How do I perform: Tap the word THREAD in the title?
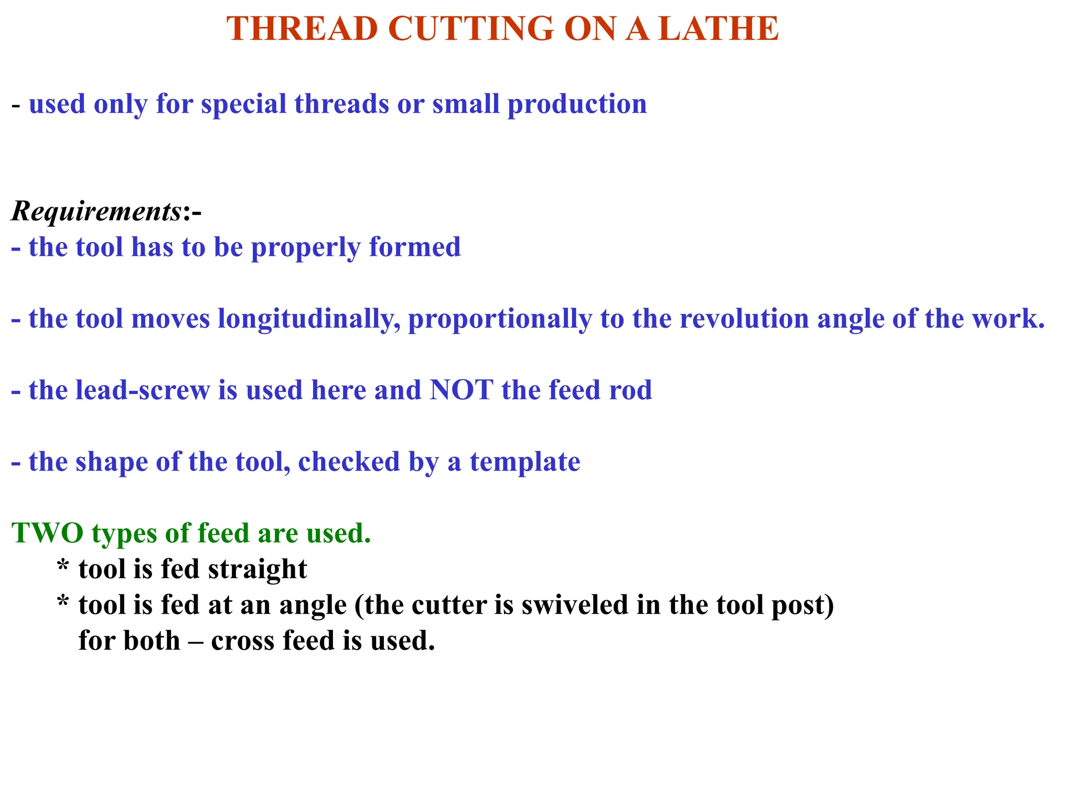coord(302,29)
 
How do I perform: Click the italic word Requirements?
coord(96,212)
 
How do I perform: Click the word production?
coord(577,104)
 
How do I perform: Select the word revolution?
coord(744,319)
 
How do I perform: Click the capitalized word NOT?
coord(461,390)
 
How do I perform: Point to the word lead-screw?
coord(143,390)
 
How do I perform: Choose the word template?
coord(525,462)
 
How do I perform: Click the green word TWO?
coord(48,533)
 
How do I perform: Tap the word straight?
coord(257,569)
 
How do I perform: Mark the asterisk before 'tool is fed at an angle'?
coord(63,603)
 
